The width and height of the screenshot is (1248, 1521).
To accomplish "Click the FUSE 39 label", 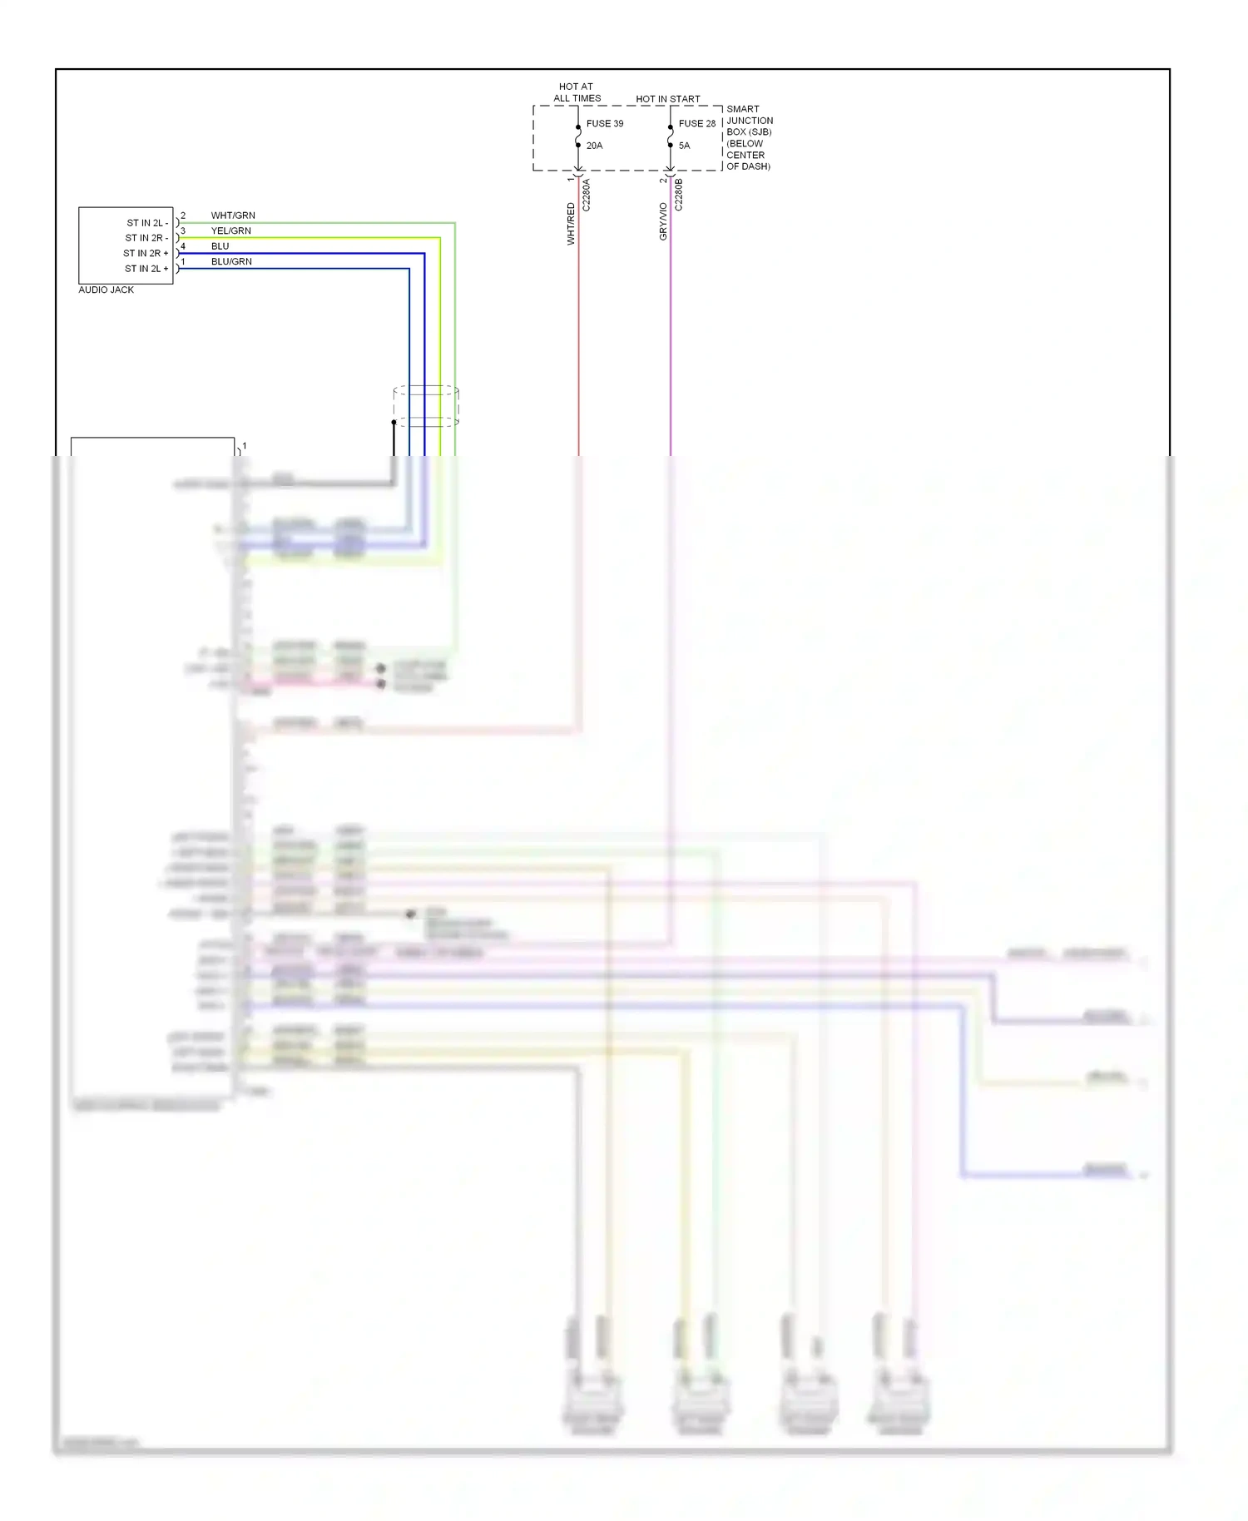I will pos(604,123).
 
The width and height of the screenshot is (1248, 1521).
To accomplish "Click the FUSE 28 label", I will pos(696,123).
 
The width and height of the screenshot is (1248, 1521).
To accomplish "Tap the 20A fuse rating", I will pos(594,146).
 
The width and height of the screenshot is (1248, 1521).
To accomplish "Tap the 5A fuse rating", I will pos(684,146).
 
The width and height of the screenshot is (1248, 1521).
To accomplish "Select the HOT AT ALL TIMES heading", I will pos(577,92).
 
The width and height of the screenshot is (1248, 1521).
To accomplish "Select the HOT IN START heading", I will pos(667,99).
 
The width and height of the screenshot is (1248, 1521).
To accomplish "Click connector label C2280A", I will pos(586,195).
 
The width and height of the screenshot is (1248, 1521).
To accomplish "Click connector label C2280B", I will pos(678,195).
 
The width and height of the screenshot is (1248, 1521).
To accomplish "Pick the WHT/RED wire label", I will pos(571,224).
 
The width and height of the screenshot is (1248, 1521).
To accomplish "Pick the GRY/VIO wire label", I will pos(663,222).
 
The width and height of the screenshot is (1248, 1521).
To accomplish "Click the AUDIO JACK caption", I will pos(106,290).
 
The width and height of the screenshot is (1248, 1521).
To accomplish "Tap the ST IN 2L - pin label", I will pos(147,223).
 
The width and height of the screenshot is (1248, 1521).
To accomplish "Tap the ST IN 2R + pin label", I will pos(146,253).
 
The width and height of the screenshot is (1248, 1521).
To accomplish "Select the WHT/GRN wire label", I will pos(233,216).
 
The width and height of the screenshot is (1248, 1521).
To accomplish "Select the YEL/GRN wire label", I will pos(230,230).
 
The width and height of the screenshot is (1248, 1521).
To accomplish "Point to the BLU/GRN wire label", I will pos(231,261).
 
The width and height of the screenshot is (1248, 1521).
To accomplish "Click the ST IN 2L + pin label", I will pos(146,269).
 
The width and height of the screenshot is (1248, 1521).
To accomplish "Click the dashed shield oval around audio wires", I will pos(426,406).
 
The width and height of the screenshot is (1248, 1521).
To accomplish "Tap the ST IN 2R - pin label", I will pos(146,238).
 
